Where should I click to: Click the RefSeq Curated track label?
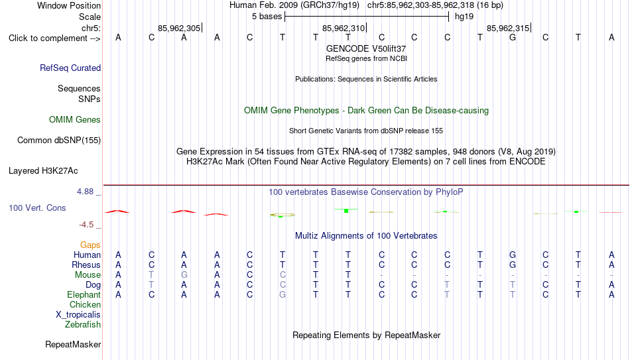pyautogui.click(x=70, y=68)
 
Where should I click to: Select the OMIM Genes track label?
pyautogui.click(x=75, y=120)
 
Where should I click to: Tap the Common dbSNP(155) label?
pyautogui.click(x=59, y=141)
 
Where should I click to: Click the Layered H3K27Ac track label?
pyautogui.click(x=43, y=171)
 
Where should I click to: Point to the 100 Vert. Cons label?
pyautogui.click(x=37, y=208)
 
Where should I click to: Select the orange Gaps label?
pyautogui.click(x=90, y=245)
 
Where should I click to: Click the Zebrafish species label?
pyautogui.click(x=83, y=325)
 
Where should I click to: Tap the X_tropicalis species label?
pyautogui.click(x=78, y=315)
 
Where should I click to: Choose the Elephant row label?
pyautogui.click(x=84, y=295)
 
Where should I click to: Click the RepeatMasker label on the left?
pyautogui.click(x=73, y=344)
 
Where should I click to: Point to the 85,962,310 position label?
pyautogui.click(x=344, y=28)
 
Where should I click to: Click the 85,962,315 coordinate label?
pyautogui.click(x=508, y=28)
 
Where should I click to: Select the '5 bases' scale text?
pyautogui.click(x=267, y=17)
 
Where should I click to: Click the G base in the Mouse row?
pyautogui.click(x=184, y=275)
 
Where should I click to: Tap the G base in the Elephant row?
pyautogui.click(x=283, y=295)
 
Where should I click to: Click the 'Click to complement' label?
pyautogui.click(x=54, y=38)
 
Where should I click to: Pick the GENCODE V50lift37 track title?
pyautogui.click(x=366, y=48)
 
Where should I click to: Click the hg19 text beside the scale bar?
pyautogui.click(x=464, y=17)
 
